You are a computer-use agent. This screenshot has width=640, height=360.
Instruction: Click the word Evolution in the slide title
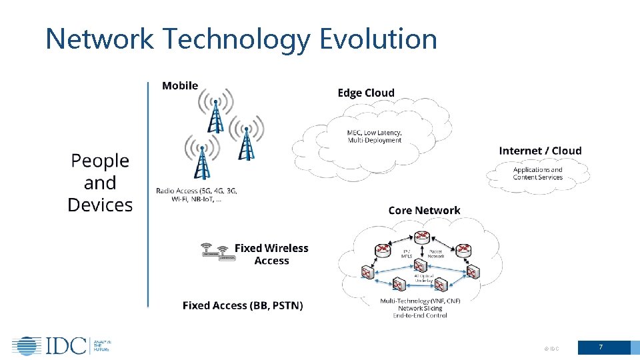[x=378, y=39]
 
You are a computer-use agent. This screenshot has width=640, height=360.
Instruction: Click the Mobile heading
[x=180, y=85]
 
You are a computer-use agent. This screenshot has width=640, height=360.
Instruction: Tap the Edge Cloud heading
[x=366, y=93]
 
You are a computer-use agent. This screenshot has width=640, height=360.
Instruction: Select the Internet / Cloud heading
[x=540, y=151]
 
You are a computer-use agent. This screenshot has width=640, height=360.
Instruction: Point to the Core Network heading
[x=424, y=210]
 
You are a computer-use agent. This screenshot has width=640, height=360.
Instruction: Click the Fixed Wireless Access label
[x=271, y=254]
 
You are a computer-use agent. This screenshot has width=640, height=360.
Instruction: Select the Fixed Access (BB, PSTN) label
[x=243, y=305]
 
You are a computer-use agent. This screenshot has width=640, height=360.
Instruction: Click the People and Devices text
[x=100, y=183]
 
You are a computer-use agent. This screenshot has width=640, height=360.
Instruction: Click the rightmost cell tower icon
[x=247, y=139]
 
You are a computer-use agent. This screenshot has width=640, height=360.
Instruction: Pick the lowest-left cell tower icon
[x=201, y=159]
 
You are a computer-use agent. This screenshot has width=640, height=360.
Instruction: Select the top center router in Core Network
[x=421, y=237]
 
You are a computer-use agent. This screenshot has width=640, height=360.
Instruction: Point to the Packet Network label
[x=435, y=253]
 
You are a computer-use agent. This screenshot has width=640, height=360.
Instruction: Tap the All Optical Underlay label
[x=424, y=279]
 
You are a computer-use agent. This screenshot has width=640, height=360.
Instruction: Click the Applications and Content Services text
[x=537, y=173]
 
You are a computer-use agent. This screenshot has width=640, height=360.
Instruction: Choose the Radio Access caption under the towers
[x=197, y=195]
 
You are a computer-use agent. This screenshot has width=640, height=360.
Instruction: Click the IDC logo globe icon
[x=26, y=346]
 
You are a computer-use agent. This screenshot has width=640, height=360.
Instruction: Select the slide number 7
[x=601, y=347]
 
